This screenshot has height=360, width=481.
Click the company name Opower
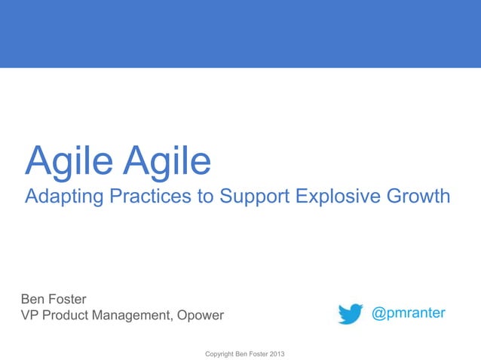click(200, 316)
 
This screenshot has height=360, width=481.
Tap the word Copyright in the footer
click(212, 353)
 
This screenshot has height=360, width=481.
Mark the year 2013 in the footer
click(277, 353)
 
